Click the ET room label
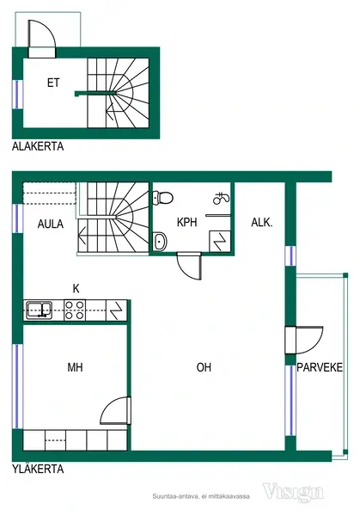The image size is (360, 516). (x=53, y=83)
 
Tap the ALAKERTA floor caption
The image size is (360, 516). (x=38, y=146)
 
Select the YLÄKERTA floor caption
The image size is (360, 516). (x=38, y=469)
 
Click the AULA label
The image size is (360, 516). (x=51, y=224)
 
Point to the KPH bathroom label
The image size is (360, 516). (x=186, y=222)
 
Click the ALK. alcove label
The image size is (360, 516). (x=262, y=223)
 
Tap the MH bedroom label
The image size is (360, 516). (x=75, y=367)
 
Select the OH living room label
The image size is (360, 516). (x=204, y=367)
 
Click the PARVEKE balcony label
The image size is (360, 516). (x=320, y=367)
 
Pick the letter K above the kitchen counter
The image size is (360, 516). (x=76, y=289)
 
